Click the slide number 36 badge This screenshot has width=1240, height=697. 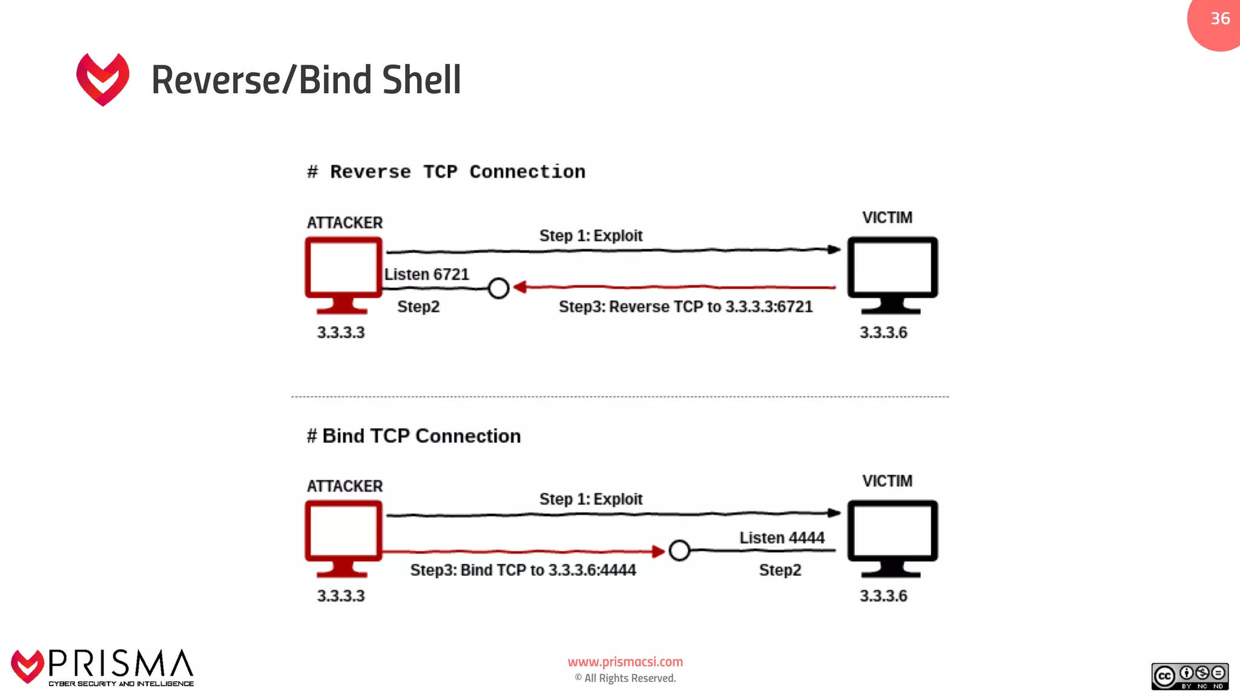(x=1218, y=19)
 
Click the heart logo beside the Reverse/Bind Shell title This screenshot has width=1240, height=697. (x=103, y=79)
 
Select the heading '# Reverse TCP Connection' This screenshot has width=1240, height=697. (x=446, y=172)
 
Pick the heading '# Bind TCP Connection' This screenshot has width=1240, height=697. (x=414, y=436)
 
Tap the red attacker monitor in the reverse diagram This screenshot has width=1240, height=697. (x=343, y=273)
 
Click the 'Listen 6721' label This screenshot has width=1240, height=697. (x=427, y=275)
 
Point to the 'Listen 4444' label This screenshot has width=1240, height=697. (x=782, y=538)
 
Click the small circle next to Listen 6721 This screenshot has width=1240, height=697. (x=498, y=288)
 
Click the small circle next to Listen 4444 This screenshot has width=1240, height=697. (x=679, y=551)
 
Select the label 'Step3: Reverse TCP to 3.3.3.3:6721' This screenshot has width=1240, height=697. (x=685, y=307)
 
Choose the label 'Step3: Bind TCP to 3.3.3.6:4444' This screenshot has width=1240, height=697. (x=523, y=570)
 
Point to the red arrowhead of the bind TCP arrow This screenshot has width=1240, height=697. (x=658, y=551)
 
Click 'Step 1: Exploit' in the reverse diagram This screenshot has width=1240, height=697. (x=591, y=235)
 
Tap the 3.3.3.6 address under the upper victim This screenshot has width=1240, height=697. (x=883, y=332)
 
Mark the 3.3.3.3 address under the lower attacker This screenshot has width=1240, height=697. (x=341, y=596)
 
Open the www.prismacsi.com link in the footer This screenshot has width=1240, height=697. (x=625, y=662)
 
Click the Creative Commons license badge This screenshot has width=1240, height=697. (x=1190, y=676)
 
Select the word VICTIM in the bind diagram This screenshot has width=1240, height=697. (x=887, y=481)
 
